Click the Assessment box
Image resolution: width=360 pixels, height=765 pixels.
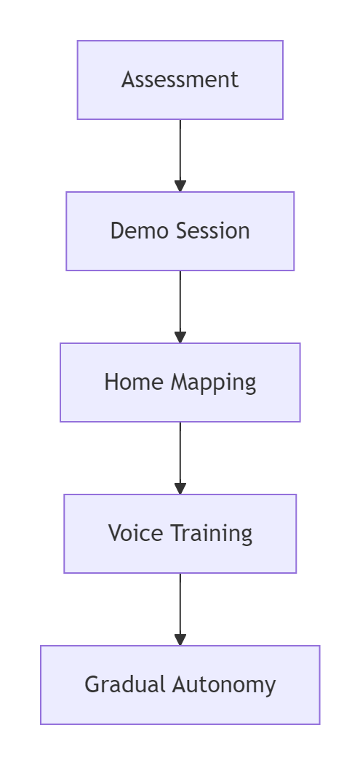[x=180, y=80]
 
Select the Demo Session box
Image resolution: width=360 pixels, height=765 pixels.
[x=180, y=231]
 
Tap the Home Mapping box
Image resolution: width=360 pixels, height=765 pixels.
[x=180, y=382]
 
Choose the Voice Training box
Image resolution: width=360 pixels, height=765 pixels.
[x=180, y=534]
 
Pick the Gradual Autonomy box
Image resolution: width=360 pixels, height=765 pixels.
[x=180, y=685]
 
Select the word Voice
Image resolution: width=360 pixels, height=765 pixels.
[x=135, y=533]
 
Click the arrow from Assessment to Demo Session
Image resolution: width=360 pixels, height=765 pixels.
[x=180, y=156]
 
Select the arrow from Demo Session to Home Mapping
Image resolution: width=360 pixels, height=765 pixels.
[x=180, y=307]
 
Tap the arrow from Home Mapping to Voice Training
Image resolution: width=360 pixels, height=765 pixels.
[x=180, y=458]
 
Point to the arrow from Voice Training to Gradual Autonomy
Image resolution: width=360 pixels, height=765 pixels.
[x=180, y=609]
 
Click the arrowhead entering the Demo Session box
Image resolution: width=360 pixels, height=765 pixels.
[x=180, y=186]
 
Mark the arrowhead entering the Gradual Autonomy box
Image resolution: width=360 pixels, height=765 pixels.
[x=180, y=640]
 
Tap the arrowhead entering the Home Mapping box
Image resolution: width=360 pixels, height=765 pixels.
[x=180, y=337]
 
